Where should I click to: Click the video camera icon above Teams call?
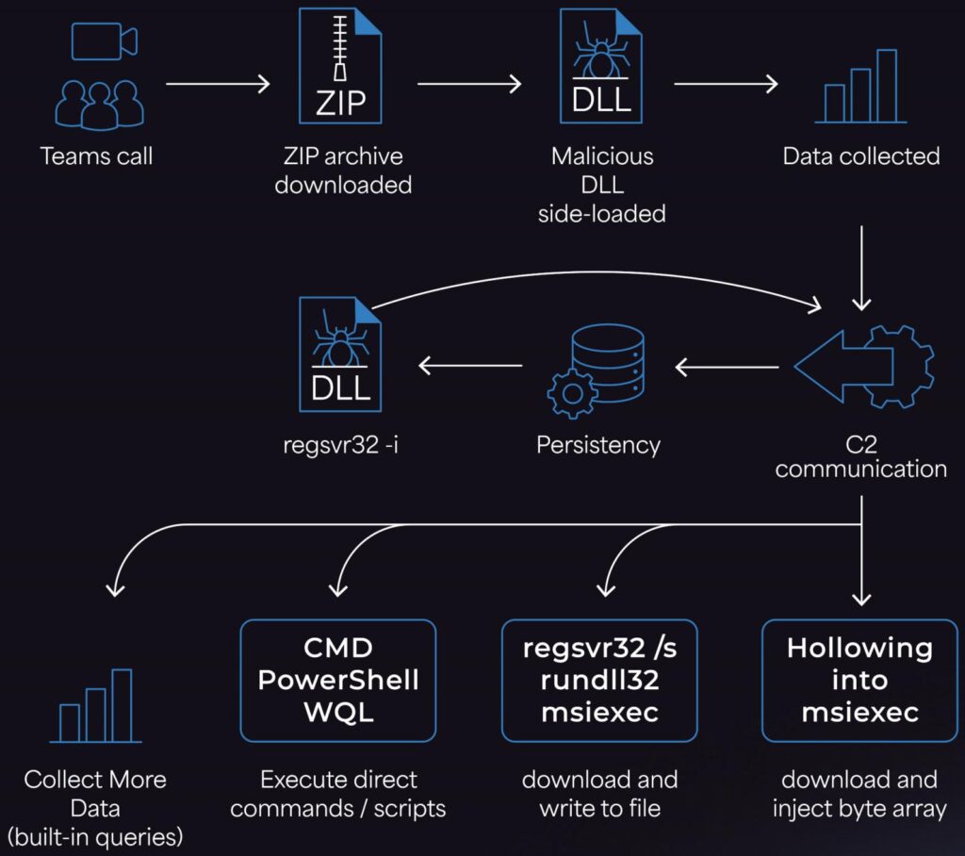point(104,42)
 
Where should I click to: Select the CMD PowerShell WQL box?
point(339,680)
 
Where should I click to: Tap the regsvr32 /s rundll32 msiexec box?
point(599,680)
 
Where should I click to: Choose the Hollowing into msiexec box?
point(859,680)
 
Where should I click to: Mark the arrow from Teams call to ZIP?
point(218,84)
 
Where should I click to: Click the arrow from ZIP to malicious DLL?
point(469,84)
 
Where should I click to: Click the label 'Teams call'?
point(96,156)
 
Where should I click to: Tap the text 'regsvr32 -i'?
point(340,444)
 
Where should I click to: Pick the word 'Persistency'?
point(598,444)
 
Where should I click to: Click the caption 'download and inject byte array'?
point(859,794)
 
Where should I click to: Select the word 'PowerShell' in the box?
point(339,680)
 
